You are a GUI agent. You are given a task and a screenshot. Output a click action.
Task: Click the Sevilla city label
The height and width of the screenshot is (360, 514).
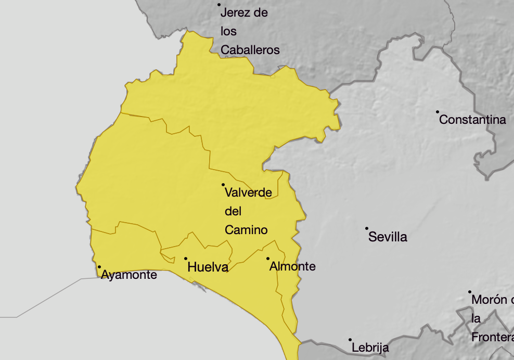coord(388,237)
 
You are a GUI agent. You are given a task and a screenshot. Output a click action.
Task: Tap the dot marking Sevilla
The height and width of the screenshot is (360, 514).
coord(367,228)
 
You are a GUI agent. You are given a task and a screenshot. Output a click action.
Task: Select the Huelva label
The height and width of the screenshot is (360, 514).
coord(208,267)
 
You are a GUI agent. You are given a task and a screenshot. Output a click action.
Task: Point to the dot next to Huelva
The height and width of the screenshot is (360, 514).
coord(186,259)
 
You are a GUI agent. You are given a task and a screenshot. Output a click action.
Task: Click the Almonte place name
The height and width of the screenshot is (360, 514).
coord(292,266)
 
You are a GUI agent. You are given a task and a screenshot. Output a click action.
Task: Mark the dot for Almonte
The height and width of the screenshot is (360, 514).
coord(268,259)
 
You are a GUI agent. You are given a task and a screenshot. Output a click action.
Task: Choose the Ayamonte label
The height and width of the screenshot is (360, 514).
coord(129,275)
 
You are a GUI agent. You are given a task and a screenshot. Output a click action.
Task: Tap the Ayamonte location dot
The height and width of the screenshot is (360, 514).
coord(99,267)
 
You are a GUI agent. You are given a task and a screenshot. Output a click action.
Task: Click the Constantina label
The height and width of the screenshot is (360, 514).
coord(472,120)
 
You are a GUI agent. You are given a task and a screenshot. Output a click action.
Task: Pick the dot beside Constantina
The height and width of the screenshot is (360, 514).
coord(438,111)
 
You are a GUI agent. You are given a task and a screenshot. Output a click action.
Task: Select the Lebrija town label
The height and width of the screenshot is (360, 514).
coord(370,348)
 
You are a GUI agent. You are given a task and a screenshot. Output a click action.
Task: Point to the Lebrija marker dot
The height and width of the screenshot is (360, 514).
coord(350,340)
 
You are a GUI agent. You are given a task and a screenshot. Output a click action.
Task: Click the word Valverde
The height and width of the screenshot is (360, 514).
coord(248,192)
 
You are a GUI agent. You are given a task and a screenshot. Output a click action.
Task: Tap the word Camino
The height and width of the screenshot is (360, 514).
coord(246,230)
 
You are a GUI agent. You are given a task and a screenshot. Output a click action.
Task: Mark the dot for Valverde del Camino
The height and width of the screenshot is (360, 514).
coord(223,184)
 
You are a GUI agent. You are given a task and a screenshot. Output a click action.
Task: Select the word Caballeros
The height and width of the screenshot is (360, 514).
coord(250,50)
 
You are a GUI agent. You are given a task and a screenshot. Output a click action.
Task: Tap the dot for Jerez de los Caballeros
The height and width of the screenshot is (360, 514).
coord(220,5)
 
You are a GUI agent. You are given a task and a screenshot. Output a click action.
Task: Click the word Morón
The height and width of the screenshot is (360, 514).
coord(489,300)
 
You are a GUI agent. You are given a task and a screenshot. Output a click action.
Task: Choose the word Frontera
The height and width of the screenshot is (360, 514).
coord(492,337)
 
